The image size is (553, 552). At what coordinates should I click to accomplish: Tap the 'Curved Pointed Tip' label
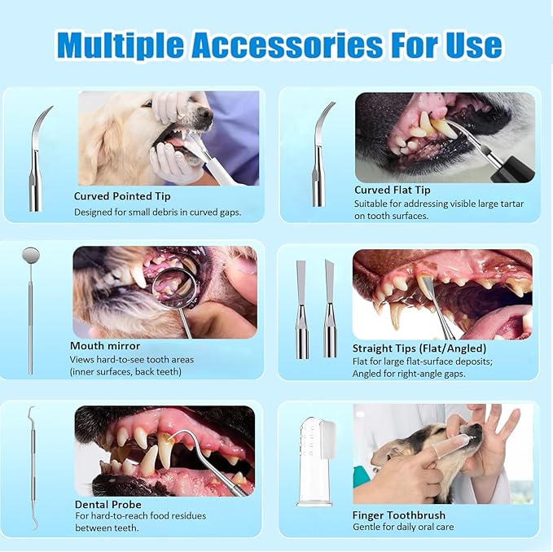click(122, 196)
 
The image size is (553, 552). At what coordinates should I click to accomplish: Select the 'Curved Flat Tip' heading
click(392, 190)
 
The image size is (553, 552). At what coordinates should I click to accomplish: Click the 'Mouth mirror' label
click(105, 345)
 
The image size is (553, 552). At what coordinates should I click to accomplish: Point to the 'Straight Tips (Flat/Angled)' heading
click(419, 348)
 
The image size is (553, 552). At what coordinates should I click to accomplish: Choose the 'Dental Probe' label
click(108, 504)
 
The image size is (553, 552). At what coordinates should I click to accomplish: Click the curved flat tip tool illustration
click(319, 155)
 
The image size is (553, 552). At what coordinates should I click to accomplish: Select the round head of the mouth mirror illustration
click(31, 256)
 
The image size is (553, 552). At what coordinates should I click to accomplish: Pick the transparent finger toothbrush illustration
click(315, 460)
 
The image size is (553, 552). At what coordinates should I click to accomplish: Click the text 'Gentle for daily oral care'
click(403, 528)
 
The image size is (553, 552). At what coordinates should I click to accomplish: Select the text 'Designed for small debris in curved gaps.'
click(157, 212)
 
